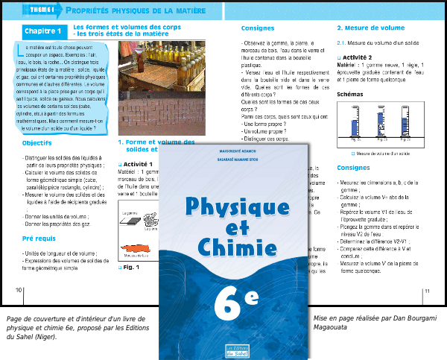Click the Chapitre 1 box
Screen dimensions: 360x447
coord(42,33)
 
